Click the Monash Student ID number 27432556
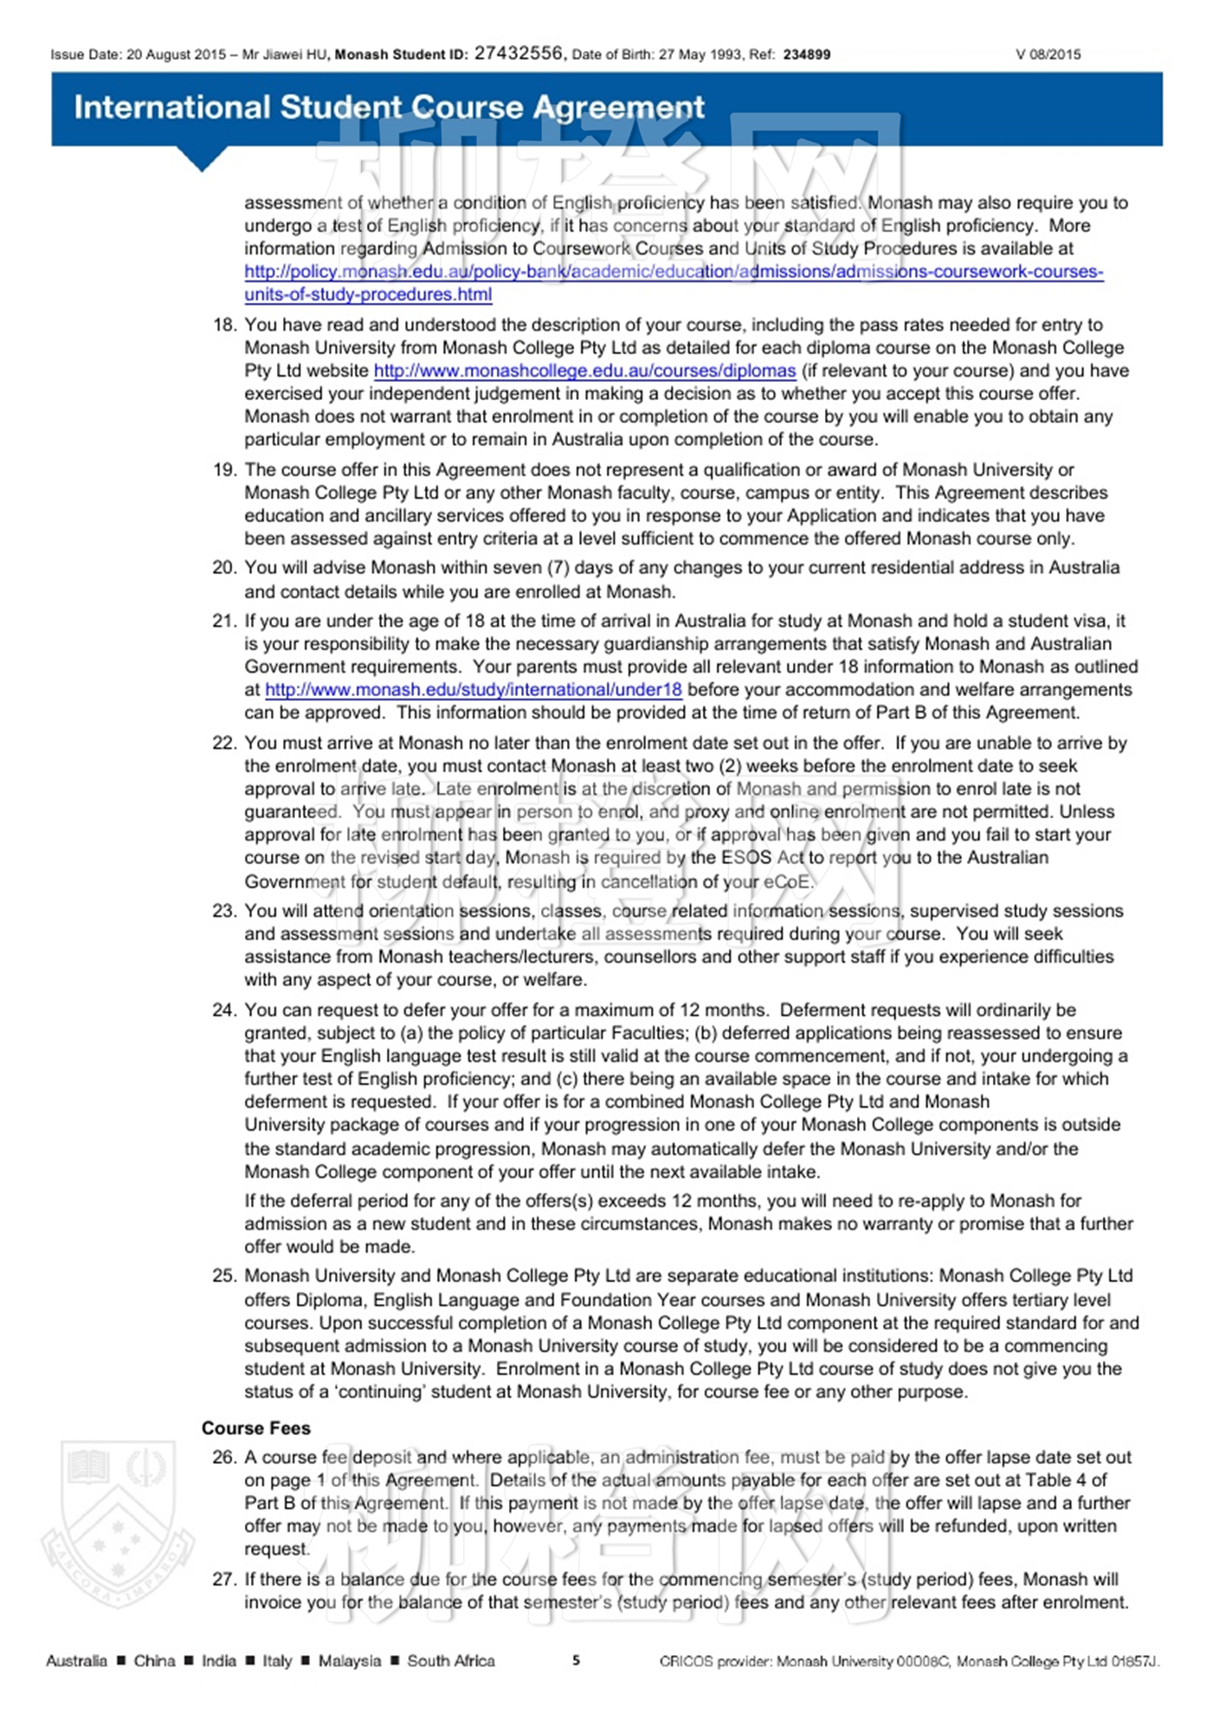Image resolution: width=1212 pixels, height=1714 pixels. coord(518,53)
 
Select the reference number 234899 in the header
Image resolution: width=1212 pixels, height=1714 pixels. coord(806,55)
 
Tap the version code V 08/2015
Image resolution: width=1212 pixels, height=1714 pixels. coord(1048,55)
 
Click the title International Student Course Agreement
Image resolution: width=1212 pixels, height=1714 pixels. coord(389,107)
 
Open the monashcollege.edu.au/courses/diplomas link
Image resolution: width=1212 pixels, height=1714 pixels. coord(584,371)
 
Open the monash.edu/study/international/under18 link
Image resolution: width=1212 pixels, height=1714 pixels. coord(473,690)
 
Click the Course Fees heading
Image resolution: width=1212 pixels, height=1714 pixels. coord(255,1428)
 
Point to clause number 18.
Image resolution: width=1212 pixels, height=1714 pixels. coord(224,325)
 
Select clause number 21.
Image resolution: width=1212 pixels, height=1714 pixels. coord(224,621)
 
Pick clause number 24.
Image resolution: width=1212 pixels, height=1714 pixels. coord(224,1010)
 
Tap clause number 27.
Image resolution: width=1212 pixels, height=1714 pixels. coord(224,1580)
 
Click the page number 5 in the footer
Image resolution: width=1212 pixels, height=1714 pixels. coord(576,1660)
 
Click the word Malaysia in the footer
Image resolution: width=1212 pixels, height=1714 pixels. coord(349,1660)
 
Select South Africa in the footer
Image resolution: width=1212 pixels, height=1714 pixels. coord(450,1660)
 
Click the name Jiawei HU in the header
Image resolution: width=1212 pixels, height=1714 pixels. coord(295,55)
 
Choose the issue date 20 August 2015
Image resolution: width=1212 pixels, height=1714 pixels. coord(176,55)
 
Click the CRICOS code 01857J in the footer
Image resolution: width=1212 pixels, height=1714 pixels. coord(1133,1661)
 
